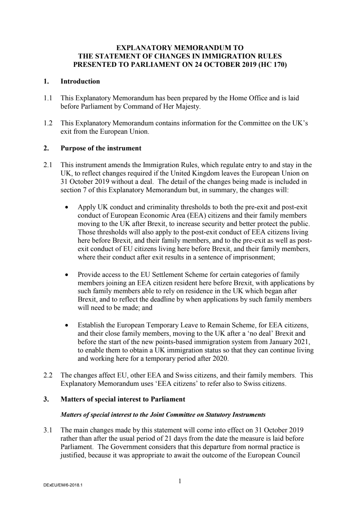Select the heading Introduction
click(80, 81)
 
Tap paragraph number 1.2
click(48, 123)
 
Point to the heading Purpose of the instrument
click(101, 148)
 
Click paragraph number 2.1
click(48, 165)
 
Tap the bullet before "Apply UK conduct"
click(66, 208)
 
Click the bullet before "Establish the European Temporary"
click(66, 326)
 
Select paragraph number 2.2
click(48, 375)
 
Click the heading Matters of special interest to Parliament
click(123, 399)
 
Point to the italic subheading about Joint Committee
click(163, 415)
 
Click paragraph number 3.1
click(48, 431)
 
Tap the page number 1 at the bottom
click(180, 481)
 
